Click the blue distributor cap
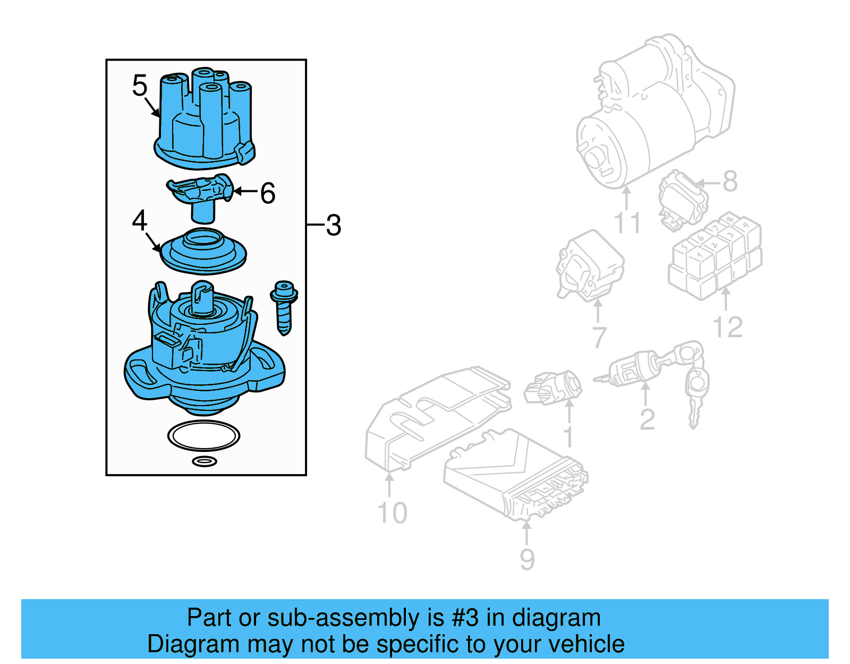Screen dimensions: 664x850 click(x=205, y=125)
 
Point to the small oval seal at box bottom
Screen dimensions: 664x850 click(x=204, y=461)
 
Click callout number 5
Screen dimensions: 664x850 click(x=139, y=86)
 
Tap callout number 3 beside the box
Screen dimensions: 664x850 click(x=333, y=225)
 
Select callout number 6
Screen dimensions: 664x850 click(x=268, y=193)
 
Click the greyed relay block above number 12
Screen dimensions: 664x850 click(x=715, y=255)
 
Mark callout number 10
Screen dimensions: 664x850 click(x=392, y=513)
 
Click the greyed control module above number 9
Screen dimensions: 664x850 click(x=515, y=473)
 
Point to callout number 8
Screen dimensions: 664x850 click(x=730, y=181)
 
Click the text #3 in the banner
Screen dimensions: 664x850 click(x=465, y=618)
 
